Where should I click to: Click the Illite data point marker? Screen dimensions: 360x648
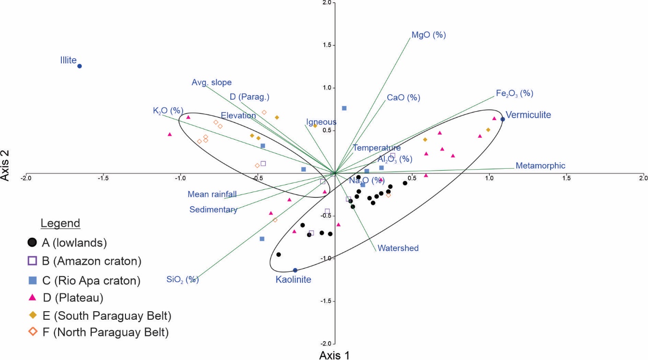pos(80,66)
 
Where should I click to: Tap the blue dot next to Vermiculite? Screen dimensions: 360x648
pos(503,119)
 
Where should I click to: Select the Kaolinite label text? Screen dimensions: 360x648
pos(293,279)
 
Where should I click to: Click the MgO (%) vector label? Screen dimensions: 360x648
pos(428,35)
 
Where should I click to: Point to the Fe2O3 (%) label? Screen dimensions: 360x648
pos(515,93)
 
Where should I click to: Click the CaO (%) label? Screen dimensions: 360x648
pos(403,98)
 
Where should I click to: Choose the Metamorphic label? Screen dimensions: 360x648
pos(540,165)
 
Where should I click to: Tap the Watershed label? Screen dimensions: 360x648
pos(398,248)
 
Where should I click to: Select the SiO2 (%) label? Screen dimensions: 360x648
pos(183,279)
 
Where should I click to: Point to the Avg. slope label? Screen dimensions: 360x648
pos(212,82)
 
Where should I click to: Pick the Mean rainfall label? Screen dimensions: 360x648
pos(212,194)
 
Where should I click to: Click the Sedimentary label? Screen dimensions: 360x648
pos(213,210)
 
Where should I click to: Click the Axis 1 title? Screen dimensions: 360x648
pos(334,355)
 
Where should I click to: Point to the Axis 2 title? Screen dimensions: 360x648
pos(5,165)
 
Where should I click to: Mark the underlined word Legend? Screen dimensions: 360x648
pos(60,223)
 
